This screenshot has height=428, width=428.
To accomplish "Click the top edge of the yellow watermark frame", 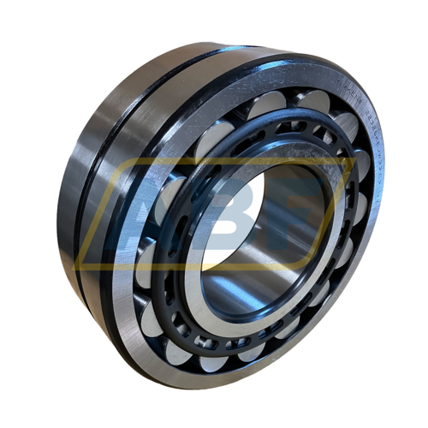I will coord(214,160).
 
